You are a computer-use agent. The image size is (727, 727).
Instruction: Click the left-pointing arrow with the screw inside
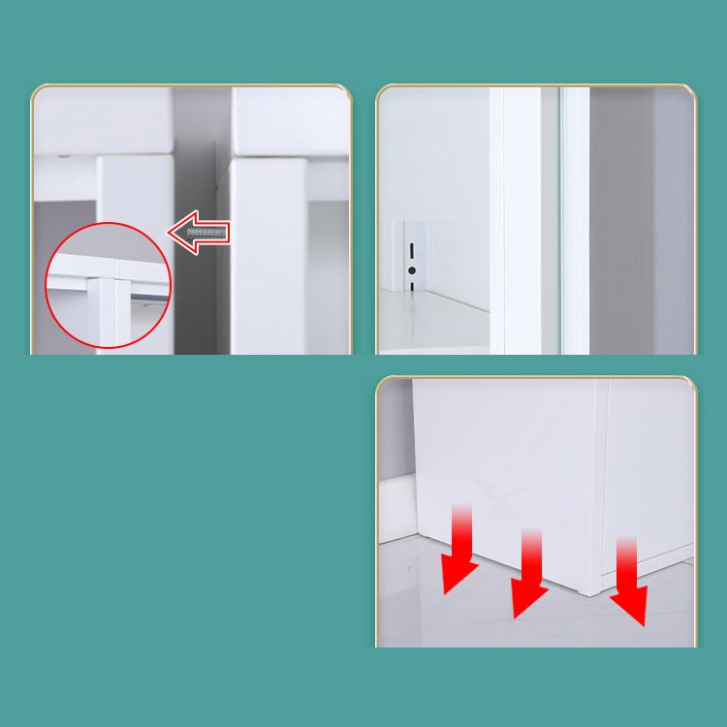pos(200,233)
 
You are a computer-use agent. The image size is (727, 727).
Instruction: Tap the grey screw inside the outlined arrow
pos(207,233)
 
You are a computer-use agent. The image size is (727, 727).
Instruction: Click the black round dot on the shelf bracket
pos(412,269)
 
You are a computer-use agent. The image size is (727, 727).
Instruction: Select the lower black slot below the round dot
pos(412,286)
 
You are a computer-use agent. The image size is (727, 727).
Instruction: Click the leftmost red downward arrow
pos(459,553)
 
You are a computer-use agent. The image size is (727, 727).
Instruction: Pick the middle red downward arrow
pos(529,577)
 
